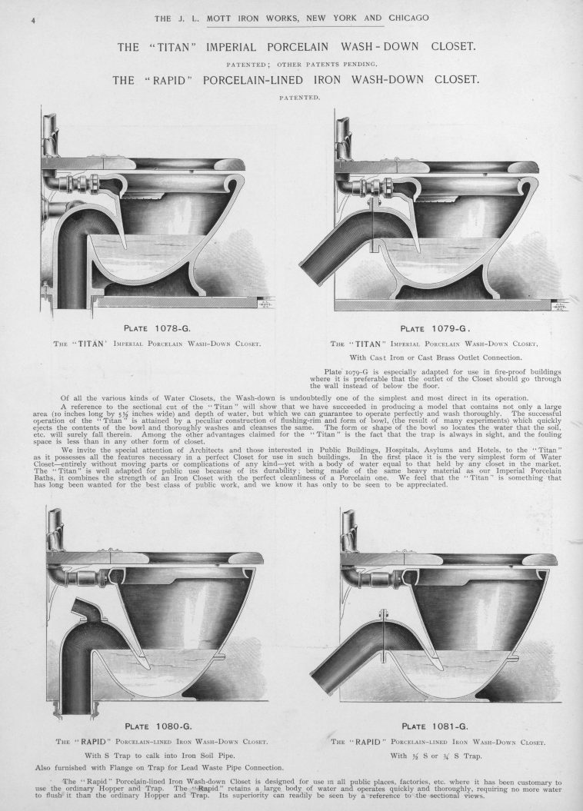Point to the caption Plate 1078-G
tap(158, 327)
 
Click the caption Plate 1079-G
tap(435, 328)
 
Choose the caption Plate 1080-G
tap(158, 726)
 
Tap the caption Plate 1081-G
tap(435, 726)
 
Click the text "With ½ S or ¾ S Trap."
tap(435, 756)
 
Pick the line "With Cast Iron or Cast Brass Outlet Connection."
tap(435, 357)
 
